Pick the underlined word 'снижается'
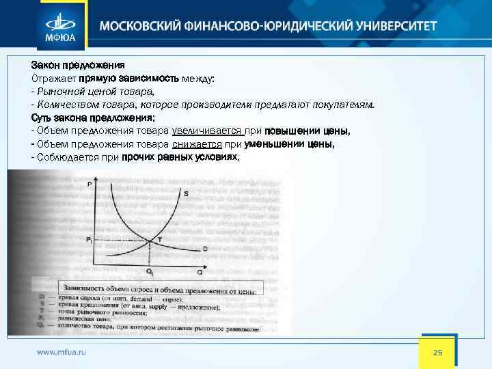[x=197, y=144]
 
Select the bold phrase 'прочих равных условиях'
[x=180, y=157]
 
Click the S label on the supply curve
[x=186, y=194]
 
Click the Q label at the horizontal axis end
[x=200, y=272]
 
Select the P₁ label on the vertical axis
[x=89, y=239]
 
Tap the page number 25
[x=438, y=352]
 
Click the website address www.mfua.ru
[x=61, y=353]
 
